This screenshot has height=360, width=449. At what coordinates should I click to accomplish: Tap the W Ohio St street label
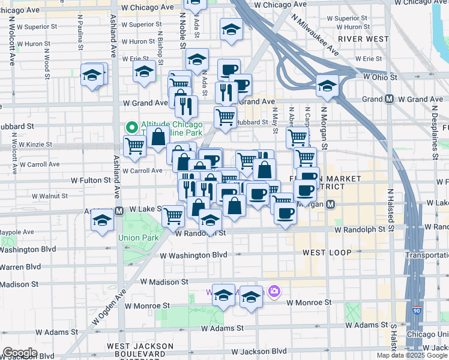[379, 77]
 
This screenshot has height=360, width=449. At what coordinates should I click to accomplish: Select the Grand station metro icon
[390, 99]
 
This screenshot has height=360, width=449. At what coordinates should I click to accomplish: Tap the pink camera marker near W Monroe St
[275, 291]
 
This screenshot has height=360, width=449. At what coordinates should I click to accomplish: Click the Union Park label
[138, 238]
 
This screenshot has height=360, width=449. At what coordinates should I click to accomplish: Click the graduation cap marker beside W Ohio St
[327, 86]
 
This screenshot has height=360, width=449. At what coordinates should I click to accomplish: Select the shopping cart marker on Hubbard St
[226, 116]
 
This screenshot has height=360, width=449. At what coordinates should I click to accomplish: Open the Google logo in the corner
[20, 352]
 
